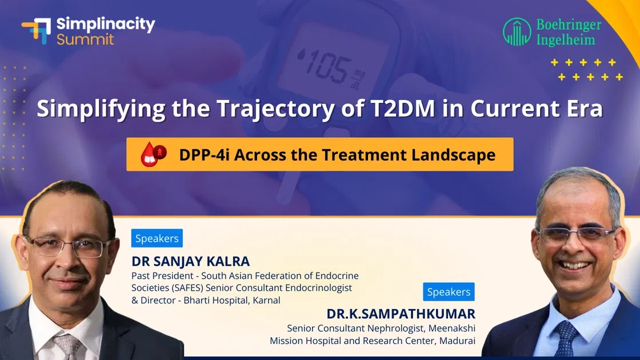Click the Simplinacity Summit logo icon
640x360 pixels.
pos(36,30)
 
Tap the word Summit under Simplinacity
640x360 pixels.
pos(85,39)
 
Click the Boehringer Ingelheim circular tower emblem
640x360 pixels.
pos(517,32)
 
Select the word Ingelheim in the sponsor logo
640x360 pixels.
pos(565,40)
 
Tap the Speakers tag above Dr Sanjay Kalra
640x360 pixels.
pos(157,238)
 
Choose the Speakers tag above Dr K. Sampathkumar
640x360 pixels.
pos(449,292)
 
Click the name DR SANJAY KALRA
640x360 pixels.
pos(191,261)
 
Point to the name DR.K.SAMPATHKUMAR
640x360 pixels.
pos(401,314)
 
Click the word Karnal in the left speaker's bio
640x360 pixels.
pos(266,300)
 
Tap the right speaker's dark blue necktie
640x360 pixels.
pos(567,337)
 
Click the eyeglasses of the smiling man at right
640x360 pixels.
pos(575,234)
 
